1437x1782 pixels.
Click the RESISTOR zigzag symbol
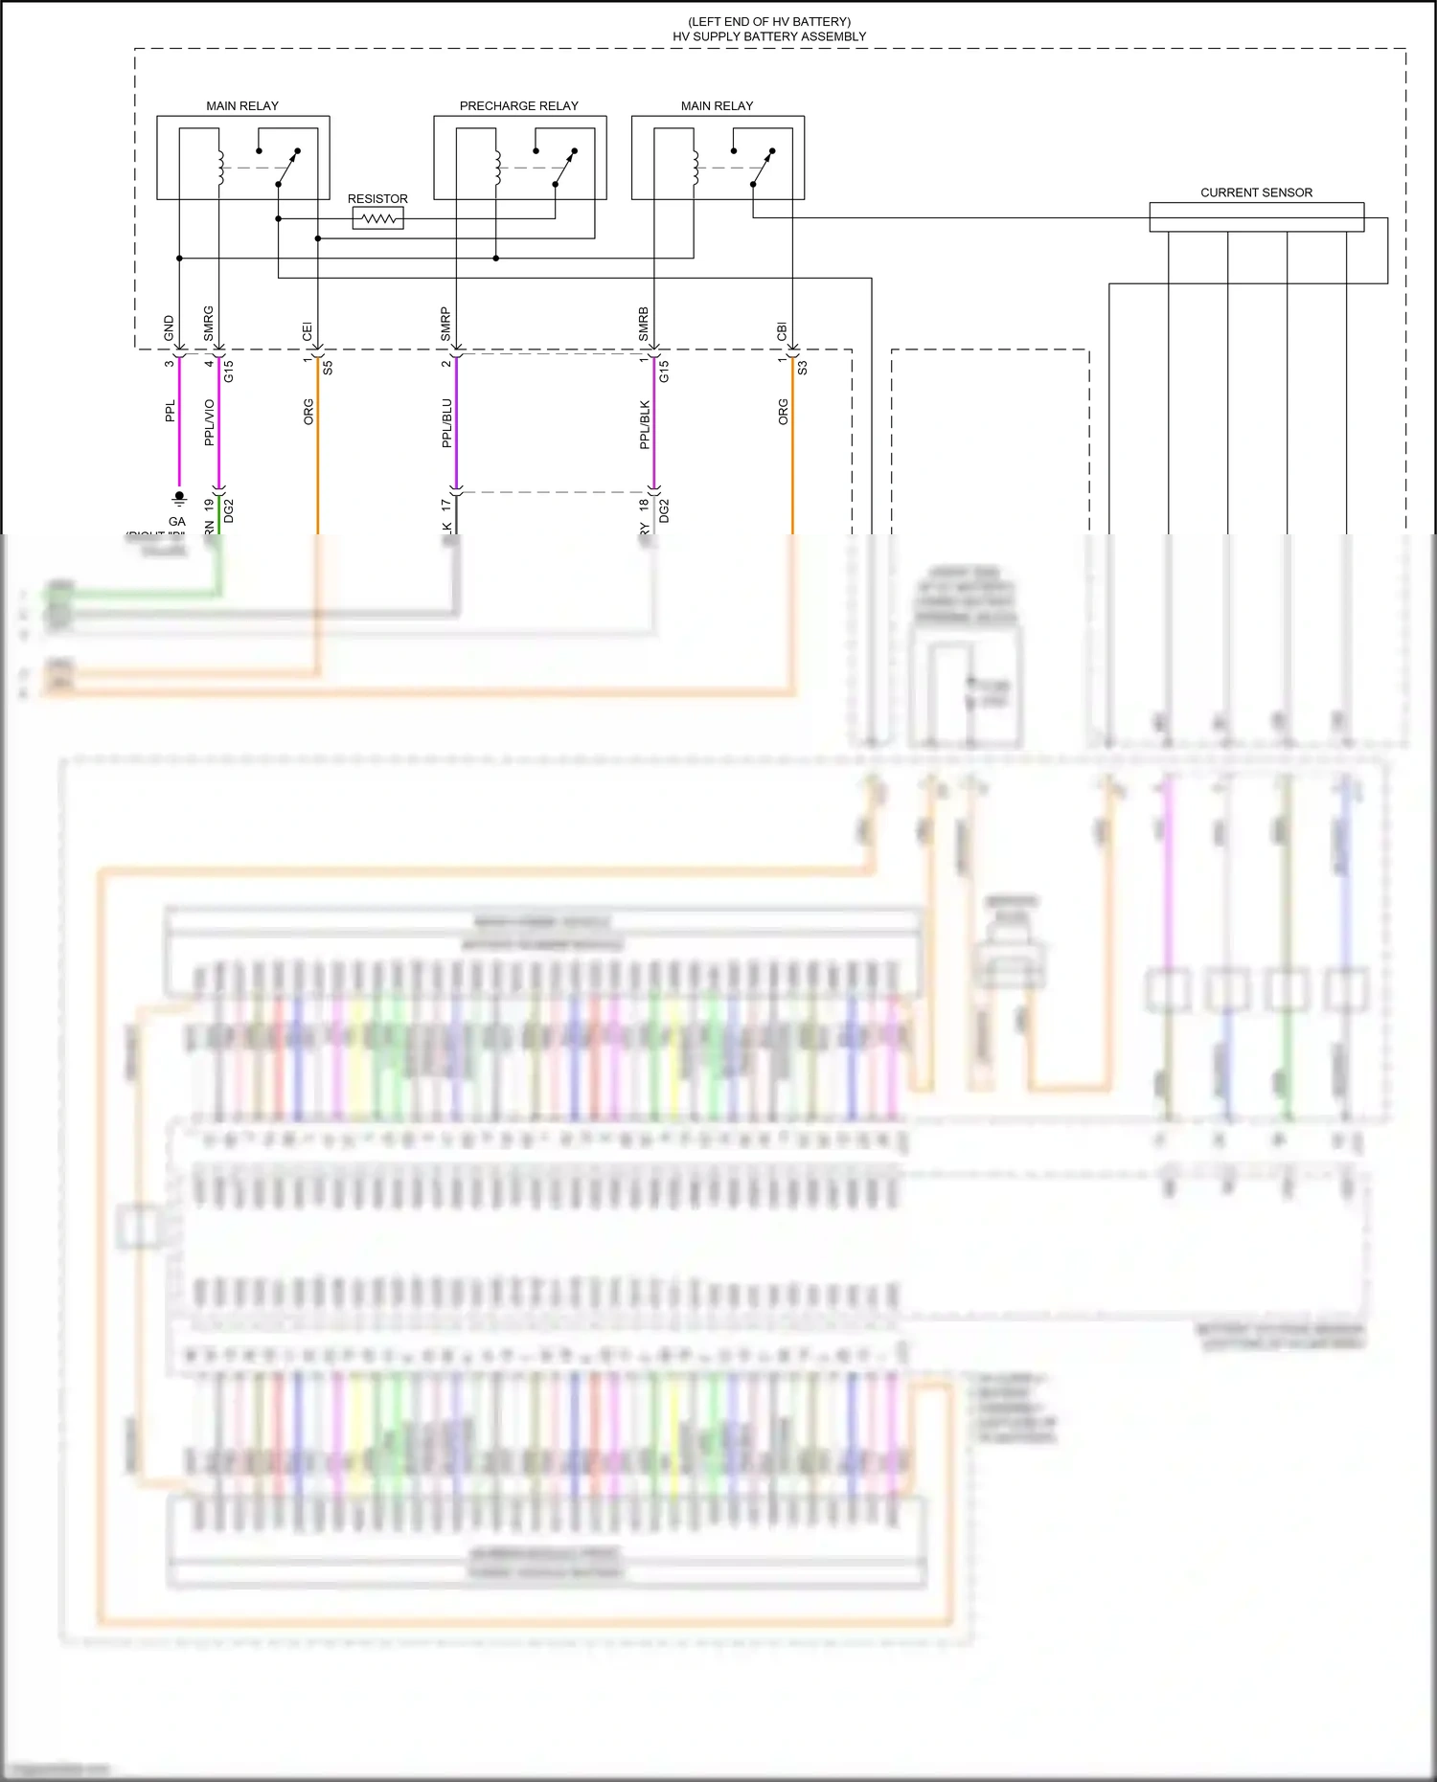377,219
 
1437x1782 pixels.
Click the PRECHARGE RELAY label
518,105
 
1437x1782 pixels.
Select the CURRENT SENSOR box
1256,216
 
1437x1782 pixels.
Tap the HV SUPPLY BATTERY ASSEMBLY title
769,36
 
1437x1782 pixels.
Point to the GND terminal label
170,327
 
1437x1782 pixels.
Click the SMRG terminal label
209,324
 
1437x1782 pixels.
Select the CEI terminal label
308,331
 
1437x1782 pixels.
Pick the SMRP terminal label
445,325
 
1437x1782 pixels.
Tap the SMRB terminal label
644,325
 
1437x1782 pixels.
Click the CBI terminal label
782,331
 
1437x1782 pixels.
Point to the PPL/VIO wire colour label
210,422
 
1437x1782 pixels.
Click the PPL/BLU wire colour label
446,423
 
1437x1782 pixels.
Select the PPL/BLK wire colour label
645,424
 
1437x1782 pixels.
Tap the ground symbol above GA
179,498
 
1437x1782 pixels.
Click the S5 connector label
328,367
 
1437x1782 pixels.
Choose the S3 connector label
802,367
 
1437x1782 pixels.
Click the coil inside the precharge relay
498,168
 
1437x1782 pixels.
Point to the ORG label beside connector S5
308,412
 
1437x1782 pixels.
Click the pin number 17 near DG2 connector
445,504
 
